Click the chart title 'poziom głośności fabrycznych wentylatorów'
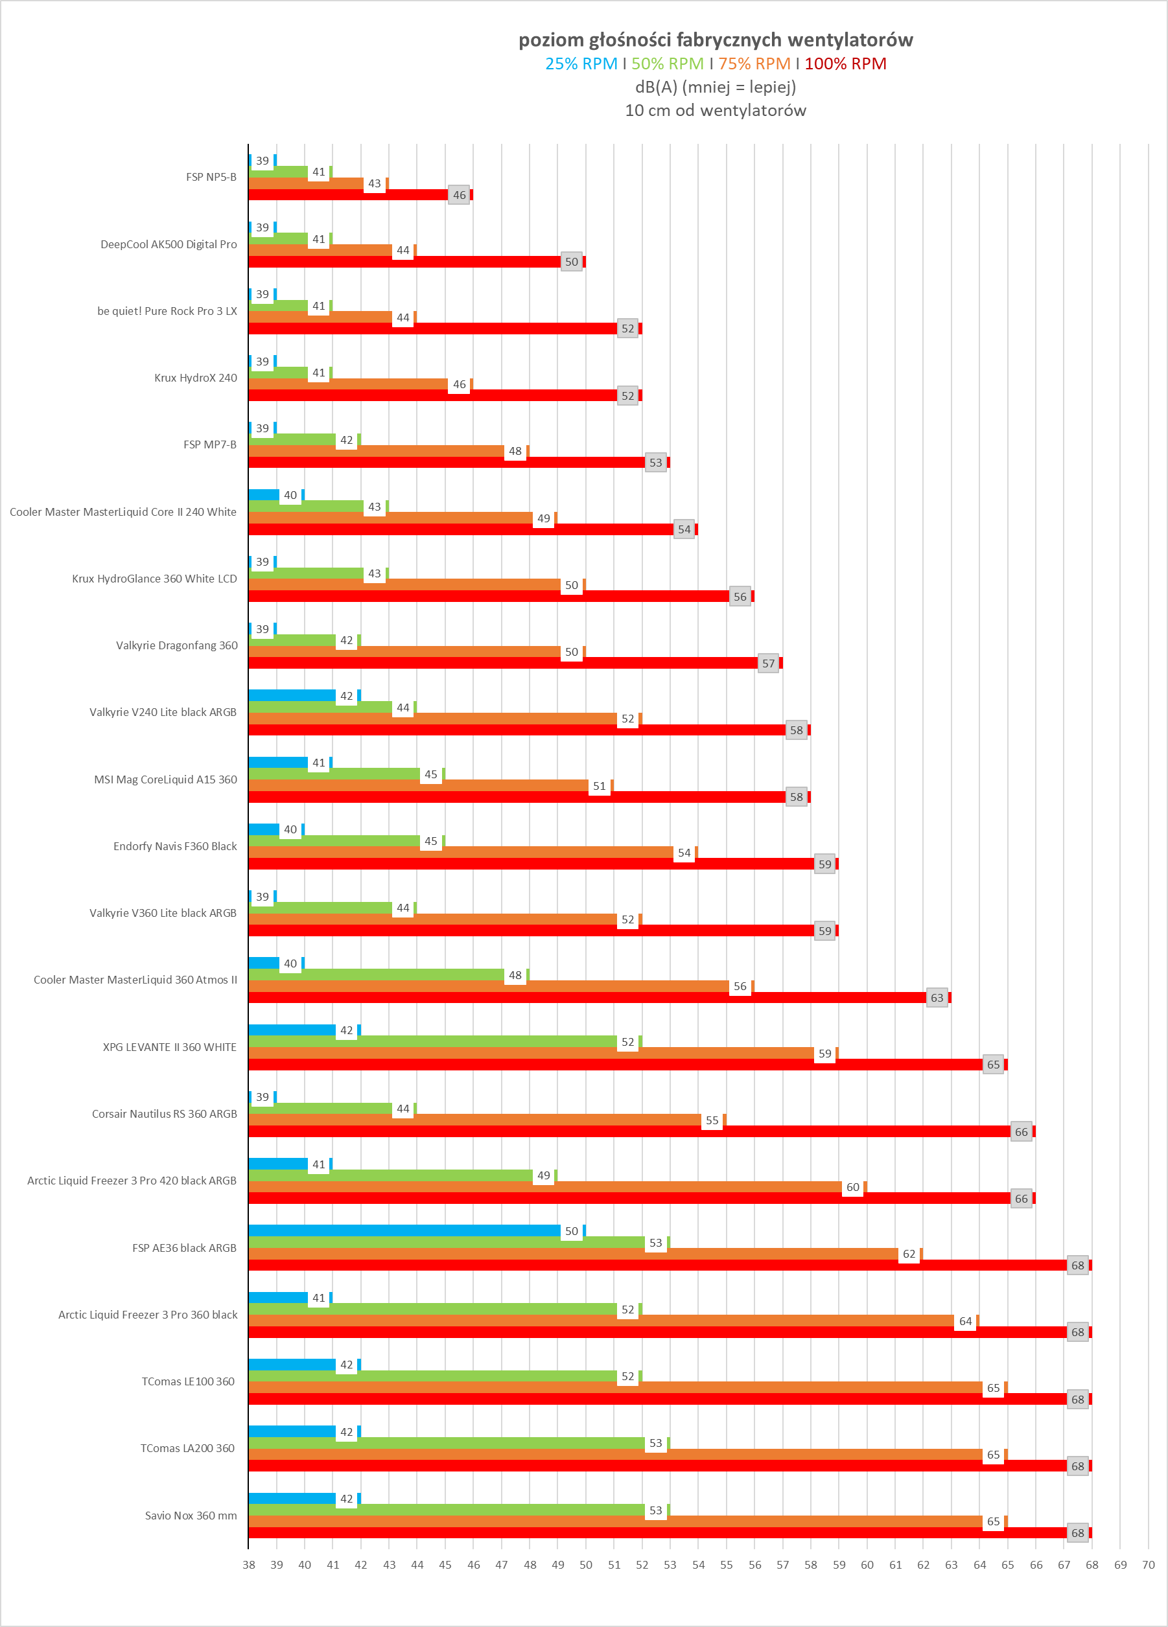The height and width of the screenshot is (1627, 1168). [x=716, y=40]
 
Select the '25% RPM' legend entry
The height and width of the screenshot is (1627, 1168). [x=581, y=64]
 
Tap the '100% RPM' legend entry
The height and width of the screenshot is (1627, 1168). [x=845, y=64]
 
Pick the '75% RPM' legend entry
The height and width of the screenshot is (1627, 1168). [x=754, y=64]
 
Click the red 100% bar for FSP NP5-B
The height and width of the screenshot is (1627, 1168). [x=348, y=195]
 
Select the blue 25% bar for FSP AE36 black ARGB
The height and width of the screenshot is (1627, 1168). [x=404, y=1231]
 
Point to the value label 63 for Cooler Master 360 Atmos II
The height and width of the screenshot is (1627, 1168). [x=937, y=998]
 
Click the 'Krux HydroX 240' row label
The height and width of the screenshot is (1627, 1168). [x=195, y=378]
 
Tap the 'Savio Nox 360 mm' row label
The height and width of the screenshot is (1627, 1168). [x=191, y=1516]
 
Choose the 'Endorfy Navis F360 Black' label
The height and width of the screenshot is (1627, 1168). [x=175, y=846]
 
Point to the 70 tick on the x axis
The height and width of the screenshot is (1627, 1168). [x=1148, y=1565]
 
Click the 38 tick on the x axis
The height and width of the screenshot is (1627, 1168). [x=249, y=1565]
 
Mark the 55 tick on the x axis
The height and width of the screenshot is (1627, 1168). [x=726, y=1565]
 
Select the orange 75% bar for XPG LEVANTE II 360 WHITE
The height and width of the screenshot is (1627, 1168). [x=531, y=1053]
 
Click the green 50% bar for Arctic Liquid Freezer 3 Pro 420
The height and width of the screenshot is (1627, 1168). [x=391, y=1176]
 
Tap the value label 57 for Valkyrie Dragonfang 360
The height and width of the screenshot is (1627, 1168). [x=768, y=663]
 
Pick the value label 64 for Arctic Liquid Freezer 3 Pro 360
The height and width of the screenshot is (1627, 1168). [x=966, y=1321]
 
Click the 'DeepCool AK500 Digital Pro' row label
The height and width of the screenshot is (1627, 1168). [x=169, y=245]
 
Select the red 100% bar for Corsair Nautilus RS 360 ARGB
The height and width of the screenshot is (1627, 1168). [x=629, y=1131]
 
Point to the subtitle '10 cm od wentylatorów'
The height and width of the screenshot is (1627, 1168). [x=716, y=110]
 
